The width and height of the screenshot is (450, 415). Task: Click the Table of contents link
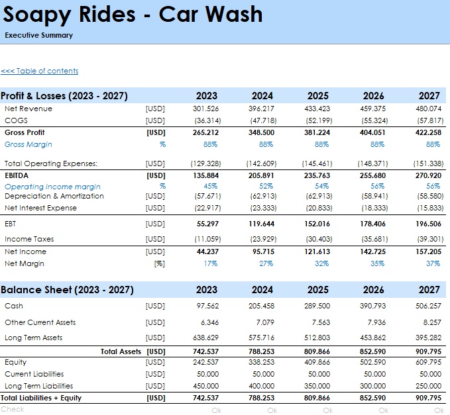40,71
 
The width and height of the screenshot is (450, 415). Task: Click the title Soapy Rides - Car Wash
133,15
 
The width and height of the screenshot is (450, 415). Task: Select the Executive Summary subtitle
38,35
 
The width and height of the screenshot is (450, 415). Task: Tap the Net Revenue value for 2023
205,109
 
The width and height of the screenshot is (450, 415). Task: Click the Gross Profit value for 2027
428,132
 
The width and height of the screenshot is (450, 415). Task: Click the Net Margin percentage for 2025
321,263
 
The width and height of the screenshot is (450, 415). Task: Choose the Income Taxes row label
29,239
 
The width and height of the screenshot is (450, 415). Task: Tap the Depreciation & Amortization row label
54,196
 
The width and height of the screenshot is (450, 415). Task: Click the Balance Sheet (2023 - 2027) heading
67,290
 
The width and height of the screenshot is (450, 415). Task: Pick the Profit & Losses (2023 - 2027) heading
64,96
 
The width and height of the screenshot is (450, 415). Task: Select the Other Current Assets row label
40,322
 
